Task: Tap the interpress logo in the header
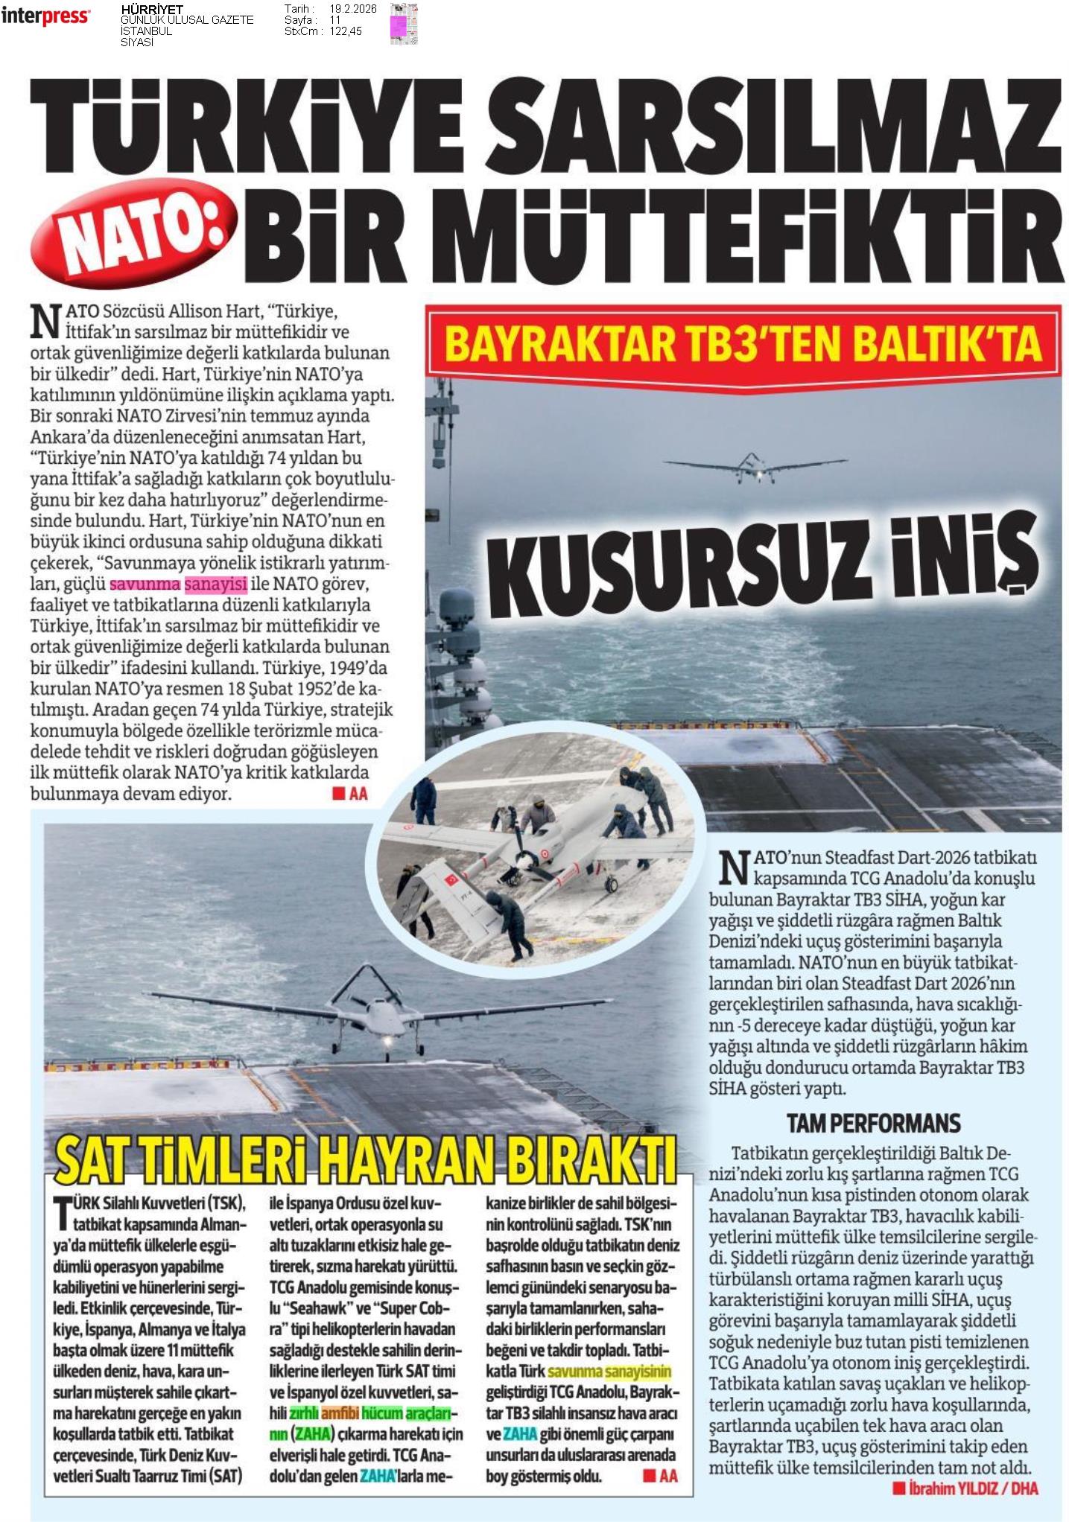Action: click(x=45, y=16)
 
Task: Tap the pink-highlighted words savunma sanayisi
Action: click(x=178, y=585)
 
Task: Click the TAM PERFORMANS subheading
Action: click(x=873, y=1123)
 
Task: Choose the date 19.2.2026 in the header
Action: click(x=352, y=9)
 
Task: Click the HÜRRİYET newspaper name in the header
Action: click(x=151, y=9)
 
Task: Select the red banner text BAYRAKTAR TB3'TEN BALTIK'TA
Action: click(x=742, y=344)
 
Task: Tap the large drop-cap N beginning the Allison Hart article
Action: click(x=44, y=319)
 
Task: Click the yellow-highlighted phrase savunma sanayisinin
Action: click(x=609, y=1372)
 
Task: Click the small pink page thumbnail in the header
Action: click(x=405, y=24)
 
